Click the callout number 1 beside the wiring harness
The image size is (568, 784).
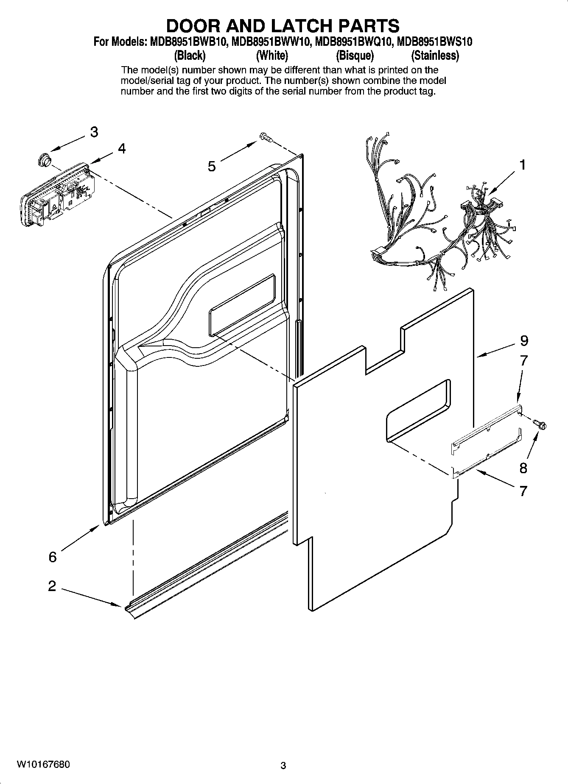tap(523, 165)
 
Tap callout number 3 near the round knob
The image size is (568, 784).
tap(94, 132)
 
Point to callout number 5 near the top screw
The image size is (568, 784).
tap(211, 166)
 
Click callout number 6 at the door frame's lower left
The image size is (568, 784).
tap(52, 557)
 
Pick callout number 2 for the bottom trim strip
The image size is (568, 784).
tap(52, 586)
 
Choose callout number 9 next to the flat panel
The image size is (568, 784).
tap(524, 340)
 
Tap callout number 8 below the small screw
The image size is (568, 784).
tap(523, 468)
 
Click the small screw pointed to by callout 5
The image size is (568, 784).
tap(265, 137)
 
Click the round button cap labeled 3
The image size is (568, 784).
tap(43, 159)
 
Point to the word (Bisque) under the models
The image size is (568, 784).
tap(355, 56)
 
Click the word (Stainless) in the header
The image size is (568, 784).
tap(435, 56)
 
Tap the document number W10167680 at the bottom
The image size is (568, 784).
tap(44, 764)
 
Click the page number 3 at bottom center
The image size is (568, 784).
tap(283, 766)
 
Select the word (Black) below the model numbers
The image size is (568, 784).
tap(190, 56)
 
